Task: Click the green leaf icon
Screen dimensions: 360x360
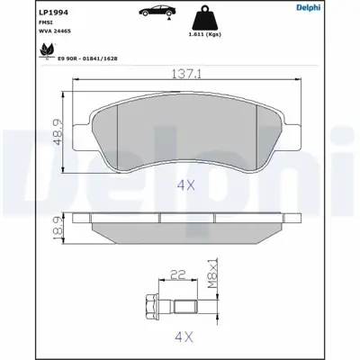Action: pyautogui.click(x=46, y=52)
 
